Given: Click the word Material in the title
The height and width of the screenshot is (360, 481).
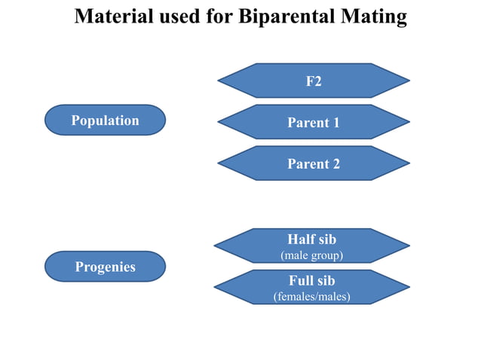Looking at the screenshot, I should click(112, 17).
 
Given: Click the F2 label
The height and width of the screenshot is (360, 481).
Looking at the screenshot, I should click(314, 81).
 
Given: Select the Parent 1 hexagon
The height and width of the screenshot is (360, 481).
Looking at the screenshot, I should click(314, 122).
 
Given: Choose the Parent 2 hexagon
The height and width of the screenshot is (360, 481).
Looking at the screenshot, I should click(314, 163).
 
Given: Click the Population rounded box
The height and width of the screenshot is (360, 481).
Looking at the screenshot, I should click(105, 121).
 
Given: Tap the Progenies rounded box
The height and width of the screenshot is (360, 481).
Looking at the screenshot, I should click(105, 267).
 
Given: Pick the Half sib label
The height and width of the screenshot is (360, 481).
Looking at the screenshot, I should click(312, 239).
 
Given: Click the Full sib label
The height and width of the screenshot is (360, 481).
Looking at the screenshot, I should click(312, 282).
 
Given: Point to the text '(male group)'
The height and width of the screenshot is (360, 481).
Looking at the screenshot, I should click(312, 256).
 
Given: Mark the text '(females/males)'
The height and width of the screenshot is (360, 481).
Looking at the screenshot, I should click(312, 297).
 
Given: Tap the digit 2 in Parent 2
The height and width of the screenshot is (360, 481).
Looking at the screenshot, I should click(335, 164).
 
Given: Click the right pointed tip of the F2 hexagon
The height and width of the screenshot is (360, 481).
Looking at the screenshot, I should click(408, 81).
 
